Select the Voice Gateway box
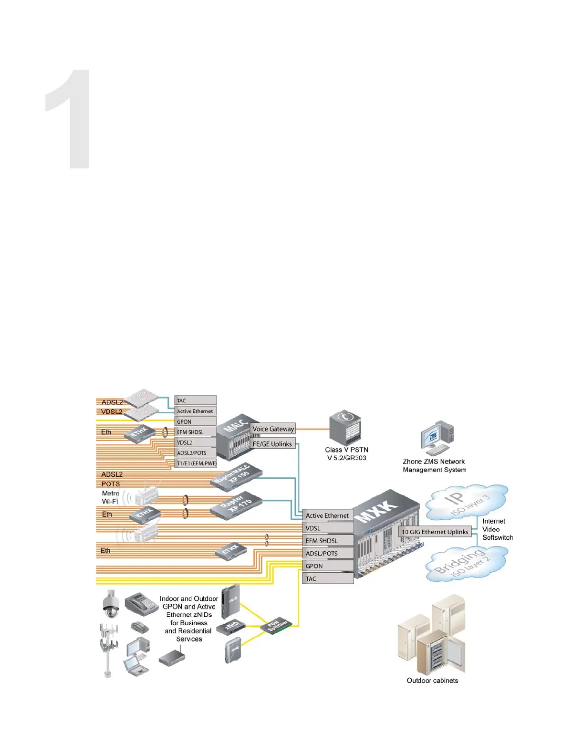tap(273, 429)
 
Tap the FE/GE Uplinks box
tap(272, 444)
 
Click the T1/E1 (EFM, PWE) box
tap(196, 463)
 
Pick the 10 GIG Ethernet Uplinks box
tap(435, 532)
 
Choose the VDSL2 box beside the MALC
tap(196, 442)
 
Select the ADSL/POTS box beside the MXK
tap(328, 553)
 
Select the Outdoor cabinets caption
tap(432, 681)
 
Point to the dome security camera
tap(111, 604)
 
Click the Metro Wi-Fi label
tap(110, 497)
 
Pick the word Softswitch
tap(498, 537)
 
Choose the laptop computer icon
tap(136, 665)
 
